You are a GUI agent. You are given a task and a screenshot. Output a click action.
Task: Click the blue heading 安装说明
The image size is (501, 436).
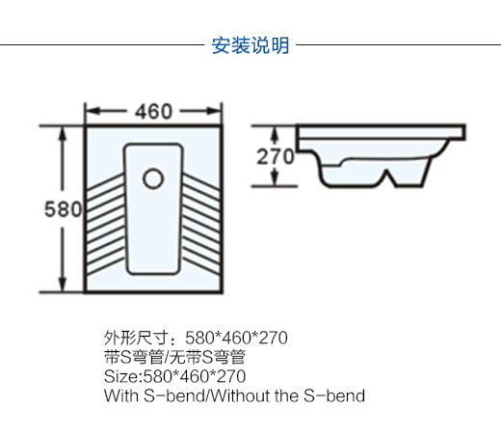coord(250,45)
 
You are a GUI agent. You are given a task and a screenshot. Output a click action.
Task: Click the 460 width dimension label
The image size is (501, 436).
coord(153,112)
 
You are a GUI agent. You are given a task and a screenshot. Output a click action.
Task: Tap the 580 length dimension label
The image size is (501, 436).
coord(63,209)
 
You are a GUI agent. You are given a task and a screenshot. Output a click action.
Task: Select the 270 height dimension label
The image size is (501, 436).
coord(276,156)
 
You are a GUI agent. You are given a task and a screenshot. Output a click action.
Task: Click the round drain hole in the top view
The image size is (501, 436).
coord(153,178)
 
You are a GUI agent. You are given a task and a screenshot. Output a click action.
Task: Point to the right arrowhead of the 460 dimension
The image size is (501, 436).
coord(214,111)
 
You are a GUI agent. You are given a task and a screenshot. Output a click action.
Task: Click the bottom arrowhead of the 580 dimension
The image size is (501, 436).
coord(63,285)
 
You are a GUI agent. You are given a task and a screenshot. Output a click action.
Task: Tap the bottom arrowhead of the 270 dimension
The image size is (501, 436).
coord(274,178)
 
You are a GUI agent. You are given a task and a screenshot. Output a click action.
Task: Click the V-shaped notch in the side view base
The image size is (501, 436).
coord(387,177)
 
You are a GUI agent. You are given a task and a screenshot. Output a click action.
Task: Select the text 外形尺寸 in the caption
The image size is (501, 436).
coord(136,338)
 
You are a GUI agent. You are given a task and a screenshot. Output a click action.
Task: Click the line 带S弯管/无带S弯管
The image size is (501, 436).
coord(174,357)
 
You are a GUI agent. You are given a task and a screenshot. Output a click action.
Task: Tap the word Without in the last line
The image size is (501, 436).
coord(240,395)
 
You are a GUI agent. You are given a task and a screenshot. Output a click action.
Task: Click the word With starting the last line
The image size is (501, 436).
coord(121,395)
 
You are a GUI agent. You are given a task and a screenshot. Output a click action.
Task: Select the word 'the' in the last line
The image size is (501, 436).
coord(286,395)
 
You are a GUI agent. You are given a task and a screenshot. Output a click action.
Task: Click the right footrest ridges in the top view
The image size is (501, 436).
coord(201,225)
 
